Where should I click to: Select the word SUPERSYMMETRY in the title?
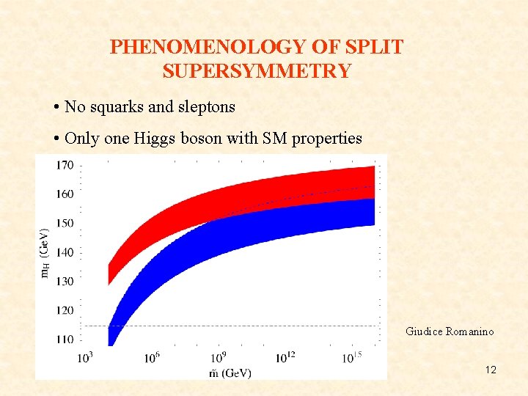point(257,71)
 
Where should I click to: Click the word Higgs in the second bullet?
point(158,139)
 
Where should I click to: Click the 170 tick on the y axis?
point(65,165)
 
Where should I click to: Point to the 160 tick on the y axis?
point(65,194)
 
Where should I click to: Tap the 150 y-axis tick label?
point(65,223)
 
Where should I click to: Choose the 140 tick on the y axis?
point(65,252)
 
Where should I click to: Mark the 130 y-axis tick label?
point(65,281)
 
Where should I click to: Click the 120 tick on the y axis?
point(65,310)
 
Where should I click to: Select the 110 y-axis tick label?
point(65,339)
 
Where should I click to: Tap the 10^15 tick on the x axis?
point(352,357)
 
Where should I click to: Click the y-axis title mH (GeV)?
point(45,253)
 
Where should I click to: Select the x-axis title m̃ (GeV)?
point(230,373)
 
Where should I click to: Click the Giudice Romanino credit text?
point(450,331)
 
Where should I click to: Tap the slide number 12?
point(491,370)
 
